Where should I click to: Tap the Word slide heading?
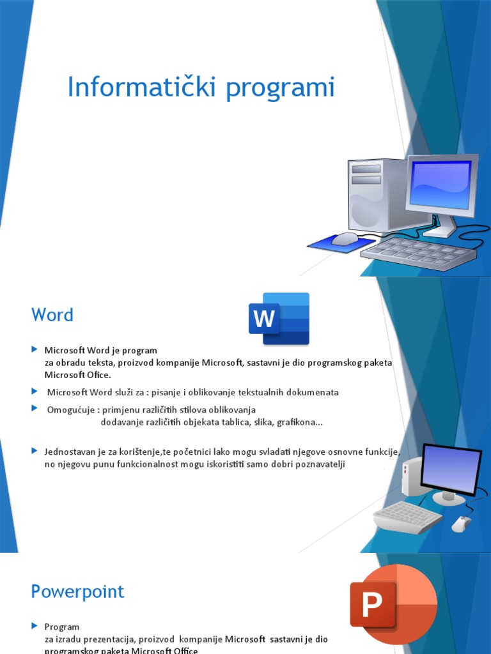[52, 315]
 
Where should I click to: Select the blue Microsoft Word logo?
[279, 319]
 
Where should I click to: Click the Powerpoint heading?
[77, 591]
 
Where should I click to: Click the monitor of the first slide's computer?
[442, 185]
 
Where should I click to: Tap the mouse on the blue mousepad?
[345, 239]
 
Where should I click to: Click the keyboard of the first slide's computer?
[419, 252]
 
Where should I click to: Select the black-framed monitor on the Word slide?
[450, 470]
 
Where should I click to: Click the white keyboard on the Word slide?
[407, 515]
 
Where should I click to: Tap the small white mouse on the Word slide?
[460, 524]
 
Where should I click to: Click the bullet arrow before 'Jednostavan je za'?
[35, 451]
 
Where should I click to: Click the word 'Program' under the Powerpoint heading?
[62, 627]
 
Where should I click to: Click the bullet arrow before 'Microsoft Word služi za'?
[35, 391]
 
